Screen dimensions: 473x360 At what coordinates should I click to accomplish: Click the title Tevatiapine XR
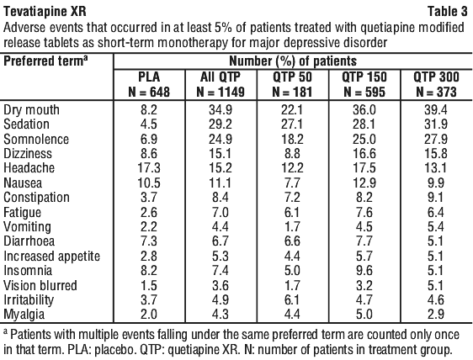(x=45, y=12)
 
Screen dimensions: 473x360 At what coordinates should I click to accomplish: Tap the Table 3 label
(x=448, y=12)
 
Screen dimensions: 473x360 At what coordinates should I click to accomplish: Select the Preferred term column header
(x=45, y=61)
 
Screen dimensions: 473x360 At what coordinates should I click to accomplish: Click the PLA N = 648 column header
(x=149, y=84)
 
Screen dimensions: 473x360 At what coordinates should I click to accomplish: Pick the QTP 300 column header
(x=436, y=84)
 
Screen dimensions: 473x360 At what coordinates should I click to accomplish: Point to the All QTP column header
(x=221, y=84)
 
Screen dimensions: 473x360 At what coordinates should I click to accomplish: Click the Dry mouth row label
(x=31, y=110)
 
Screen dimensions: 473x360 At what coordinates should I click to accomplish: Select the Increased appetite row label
(x=51, y=257)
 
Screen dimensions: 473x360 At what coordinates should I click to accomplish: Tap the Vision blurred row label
(x=40, y=285)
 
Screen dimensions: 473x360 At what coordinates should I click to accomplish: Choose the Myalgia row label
(x=24, y=315)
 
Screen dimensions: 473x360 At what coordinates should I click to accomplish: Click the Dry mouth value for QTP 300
(x=436, y=110)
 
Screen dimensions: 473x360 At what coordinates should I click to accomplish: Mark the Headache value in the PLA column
(x=149, y=168)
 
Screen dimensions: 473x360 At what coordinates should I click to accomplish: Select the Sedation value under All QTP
(x=221, y=124)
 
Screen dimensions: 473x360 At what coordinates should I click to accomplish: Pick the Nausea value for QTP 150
(x=364, y=183)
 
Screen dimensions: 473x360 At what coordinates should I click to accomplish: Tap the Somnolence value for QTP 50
(x=292, y=140)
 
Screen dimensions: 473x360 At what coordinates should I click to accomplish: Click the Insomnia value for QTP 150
(x=364, y=271)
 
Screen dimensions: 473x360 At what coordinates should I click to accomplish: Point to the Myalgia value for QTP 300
(x=436, y=315)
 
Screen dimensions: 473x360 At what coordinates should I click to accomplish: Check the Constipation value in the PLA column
(x=149, y=198)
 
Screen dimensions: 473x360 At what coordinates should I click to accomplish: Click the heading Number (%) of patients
(x=293, y=61)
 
